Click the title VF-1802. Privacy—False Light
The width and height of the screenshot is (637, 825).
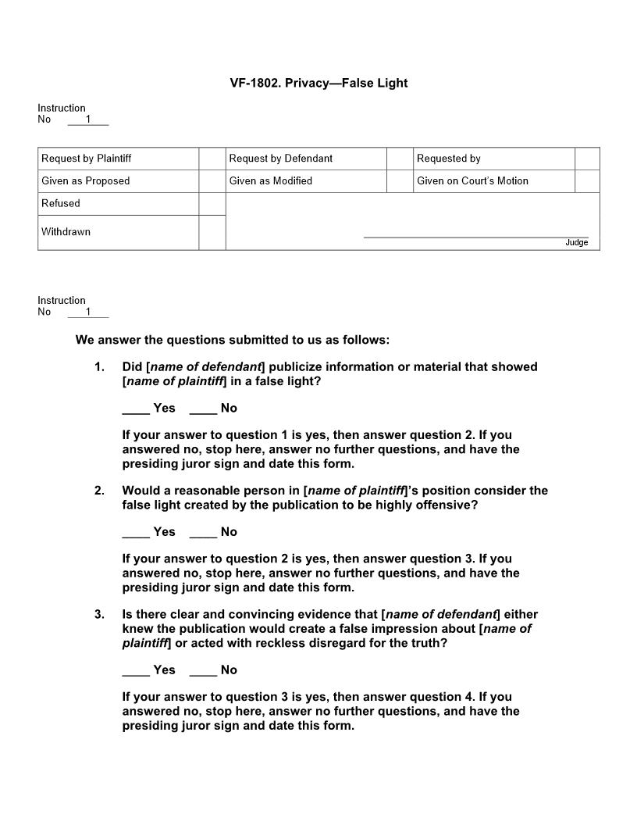318,83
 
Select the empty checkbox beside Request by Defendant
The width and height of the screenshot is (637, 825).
399,159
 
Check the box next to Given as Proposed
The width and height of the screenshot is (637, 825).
212,181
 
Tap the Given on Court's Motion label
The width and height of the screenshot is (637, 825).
472,181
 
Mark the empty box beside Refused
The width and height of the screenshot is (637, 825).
212,204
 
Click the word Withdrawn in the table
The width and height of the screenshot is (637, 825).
66,232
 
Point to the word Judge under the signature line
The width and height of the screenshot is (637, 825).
576,243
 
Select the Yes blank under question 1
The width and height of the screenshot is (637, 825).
136,409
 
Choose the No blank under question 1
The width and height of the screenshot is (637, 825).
203,409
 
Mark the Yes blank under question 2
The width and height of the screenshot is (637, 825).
136,532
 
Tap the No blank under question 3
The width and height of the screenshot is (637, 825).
203,670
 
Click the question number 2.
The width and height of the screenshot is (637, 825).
99,491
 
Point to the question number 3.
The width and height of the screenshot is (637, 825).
99,614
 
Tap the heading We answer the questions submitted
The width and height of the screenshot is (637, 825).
232,340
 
